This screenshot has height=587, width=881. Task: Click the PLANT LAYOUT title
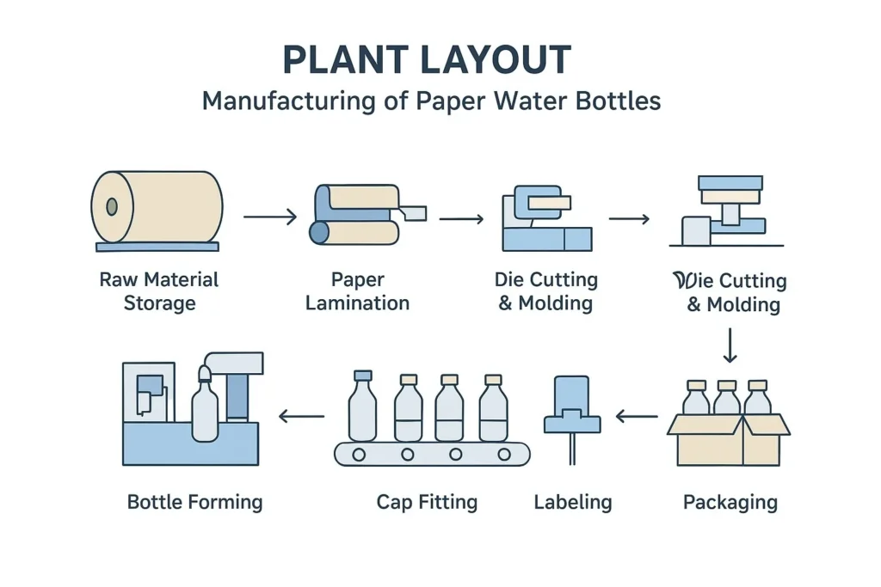click(427, 60)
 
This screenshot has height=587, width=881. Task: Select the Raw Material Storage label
click(159, 291)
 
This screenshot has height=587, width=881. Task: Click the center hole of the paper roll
click(111, 207)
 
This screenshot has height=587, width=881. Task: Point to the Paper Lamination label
click(357, 291)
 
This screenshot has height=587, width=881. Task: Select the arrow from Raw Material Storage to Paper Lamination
click(269, 217)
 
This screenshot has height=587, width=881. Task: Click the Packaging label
click(730, 502)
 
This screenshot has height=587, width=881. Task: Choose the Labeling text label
click(573, 502)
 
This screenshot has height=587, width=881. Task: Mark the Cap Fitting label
click(427, 502)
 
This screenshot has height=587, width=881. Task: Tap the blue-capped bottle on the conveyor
click(363, 408)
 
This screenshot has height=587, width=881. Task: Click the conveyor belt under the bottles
click(432, 454)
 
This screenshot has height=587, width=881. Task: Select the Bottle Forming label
click(194, 502)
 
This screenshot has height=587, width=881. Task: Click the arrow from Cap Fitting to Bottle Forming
click(301, 417)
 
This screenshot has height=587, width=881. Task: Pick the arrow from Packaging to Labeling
click(637, 418)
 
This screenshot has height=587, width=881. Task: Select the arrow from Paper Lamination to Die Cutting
click(461, 219)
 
